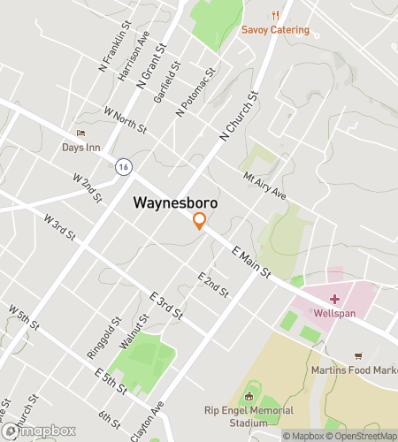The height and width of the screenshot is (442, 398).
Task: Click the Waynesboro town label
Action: [x=175, y=202]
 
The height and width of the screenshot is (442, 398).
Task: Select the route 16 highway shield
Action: [x=124, y=165]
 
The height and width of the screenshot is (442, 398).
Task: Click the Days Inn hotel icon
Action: [x=80, y=133]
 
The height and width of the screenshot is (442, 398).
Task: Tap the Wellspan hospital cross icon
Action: [x=333, y=299]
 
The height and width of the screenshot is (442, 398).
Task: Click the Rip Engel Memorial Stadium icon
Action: [x=249, y=396]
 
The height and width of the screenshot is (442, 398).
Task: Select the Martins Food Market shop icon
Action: [x=358, y=355]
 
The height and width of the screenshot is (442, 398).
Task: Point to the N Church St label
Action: [x=238, y=116]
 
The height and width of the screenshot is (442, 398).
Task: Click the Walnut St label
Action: [x=134, y=335]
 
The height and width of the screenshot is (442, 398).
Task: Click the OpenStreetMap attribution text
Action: [x=363, y=435]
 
